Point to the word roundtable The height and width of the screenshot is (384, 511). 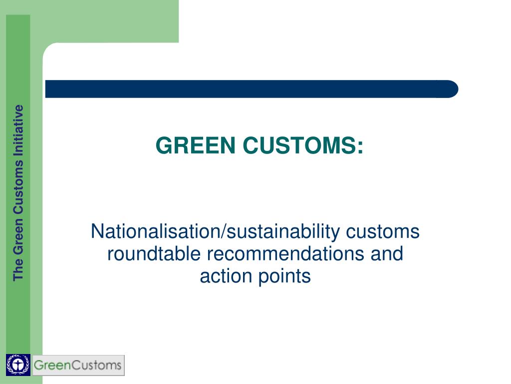(155, 254)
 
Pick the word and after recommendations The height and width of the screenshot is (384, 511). (386, 254)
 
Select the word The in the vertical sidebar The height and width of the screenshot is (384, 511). (18, 270)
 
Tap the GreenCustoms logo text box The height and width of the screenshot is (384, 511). (78, 365)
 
